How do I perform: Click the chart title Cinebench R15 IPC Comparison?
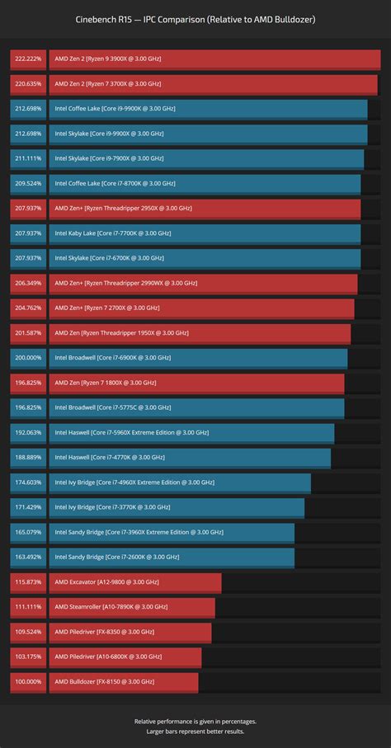[x=195, y=19]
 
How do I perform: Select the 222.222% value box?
[x=27, y=59]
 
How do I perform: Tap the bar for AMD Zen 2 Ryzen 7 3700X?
[x=213, y=84]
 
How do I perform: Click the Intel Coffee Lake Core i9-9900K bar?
[x=208, y=109]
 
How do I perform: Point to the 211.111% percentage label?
[x=27, y=158]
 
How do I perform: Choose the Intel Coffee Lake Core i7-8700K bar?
[x=205, y=183]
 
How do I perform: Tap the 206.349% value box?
[x=27, y=283]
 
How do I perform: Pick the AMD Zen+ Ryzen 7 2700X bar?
[x=201, y=308]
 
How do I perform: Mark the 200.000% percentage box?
[x=27, y=358]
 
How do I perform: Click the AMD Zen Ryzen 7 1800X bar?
[x=196, y=383]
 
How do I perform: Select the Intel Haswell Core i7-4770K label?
[x=104, y=458]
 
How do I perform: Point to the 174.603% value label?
[x=27, y=482]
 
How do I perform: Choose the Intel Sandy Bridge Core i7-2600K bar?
[x=172, y=557]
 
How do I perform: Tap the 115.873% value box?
[x=27, y=582]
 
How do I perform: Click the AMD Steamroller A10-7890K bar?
[x=132, y=607]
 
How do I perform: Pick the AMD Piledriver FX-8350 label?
[x=104, y=632]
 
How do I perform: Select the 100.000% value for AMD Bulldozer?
[x=27, y=682]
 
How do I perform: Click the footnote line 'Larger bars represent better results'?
[x=195, y=731]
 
